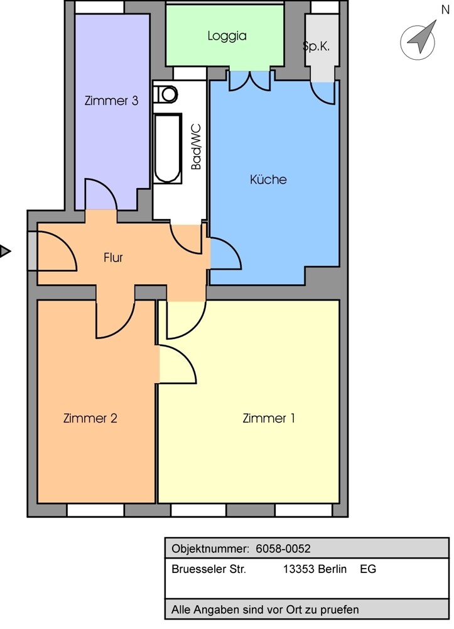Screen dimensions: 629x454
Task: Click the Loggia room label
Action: (x=227, y=36)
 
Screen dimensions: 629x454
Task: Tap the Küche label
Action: (x=268, y=180)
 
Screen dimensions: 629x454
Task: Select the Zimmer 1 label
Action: (x=269, y=418)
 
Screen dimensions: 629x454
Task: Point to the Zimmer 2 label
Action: (x=90, y=418)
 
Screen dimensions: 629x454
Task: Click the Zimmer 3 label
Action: (x=111, y=101)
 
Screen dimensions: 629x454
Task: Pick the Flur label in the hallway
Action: (x=113, y=257)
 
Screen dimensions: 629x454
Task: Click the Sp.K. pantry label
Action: (x=316, y=47)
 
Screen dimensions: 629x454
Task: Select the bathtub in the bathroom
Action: (x=168, y=148)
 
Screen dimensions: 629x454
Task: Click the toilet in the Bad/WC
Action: (x=166, y=94)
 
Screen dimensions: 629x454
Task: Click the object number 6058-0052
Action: (x=283, y=549)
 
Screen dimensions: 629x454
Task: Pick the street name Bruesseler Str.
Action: (x=208, y=570)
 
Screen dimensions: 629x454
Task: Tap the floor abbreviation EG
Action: (x=368, y=570)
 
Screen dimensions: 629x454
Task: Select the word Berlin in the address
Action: (x=333, y=570)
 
